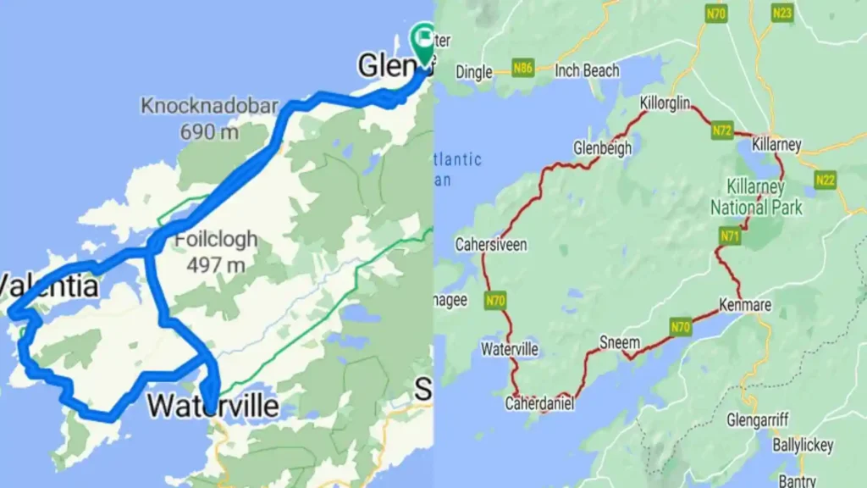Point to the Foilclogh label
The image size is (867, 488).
(216, 239)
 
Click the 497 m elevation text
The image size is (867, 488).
(216, 265)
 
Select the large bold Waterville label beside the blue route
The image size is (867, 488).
(213, 406)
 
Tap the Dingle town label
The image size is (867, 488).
(474, 72)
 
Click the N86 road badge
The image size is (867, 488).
(524, 67)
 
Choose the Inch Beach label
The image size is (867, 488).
(587, 71)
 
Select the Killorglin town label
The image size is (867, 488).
(665, 103)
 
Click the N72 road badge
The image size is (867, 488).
(721, 130)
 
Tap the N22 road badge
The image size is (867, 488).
(825, 180)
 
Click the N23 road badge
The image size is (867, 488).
(781, 13)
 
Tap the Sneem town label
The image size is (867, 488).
(619, 342)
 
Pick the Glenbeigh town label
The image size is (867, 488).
(602, 147)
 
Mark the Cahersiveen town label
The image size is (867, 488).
(491, 245)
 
